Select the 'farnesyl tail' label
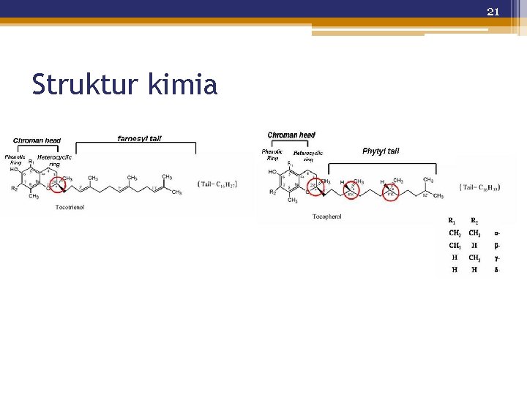coord(139,138)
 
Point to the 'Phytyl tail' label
coord(381,151)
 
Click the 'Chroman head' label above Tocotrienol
coord(37,140)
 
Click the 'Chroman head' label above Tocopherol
coord(291,135)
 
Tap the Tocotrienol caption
coord(70,207)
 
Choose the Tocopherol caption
coord(326,217)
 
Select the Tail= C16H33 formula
coord(481,187)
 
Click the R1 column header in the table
coord(455,221)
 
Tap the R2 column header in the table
coord(474,221)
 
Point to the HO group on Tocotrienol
coord(14,169)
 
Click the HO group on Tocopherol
coord(272,173)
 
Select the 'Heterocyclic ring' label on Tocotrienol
coord(54,161)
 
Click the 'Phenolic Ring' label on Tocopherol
coord(272,154)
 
